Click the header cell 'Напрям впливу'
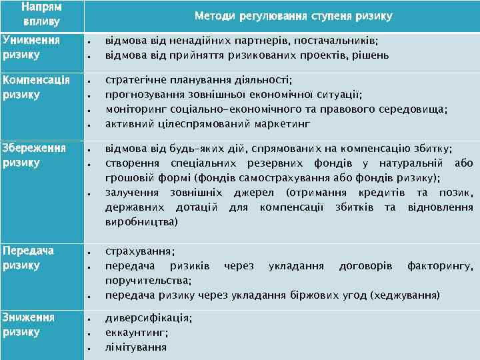[x=41, y=15]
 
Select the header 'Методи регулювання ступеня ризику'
[x=293, y=15]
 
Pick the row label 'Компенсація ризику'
[x=37, y=87]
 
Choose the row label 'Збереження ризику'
[x=35, y=155]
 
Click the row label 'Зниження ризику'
[x=29, y=325]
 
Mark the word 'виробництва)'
[x=142, y=221]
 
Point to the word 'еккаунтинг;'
[x=137, y=333]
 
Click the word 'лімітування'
[x=136, y=347]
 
